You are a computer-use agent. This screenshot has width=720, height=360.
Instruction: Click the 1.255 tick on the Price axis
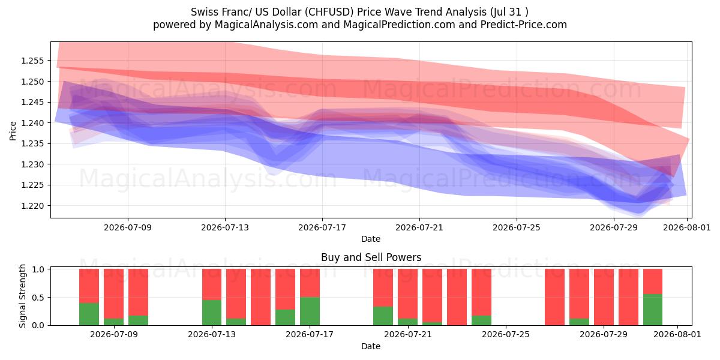(x=32, y=61)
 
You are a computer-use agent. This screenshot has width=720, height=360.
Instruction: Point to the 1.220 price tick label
(x=32, y=206)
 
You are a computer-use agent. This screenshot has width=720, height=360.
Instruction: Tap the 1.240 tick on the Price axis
(x=32, y=123)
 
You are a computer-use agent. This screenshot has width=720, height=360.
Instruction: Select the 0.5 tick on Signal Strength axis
(x=38, y=298)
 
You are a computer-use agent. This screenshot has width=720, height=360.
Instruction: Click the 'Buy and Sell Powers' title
(x=371, y=257)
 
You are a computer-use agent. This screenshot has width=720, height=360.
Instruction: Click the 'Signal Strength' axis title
(x=22, y=296)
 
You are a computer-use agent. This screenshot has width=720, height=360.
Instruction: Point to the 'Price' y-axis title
(x=13, y=131)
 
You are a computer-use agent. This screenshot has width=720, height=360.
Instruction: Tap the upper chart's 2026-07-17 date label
(x=322, y=227)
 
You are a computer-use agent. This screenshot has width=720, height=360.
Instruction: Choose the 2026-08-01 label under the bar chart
(x=677, y=334)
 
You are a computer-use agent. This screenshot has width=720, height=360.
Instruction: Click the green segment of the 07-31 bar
(x=653, y=310)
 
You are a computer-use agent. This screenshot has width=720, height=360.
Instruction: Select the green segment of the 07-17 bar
(x=310, y=311)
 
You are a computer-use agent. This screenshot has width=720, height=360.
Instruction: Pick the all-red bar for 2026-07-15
(x=260, y=297)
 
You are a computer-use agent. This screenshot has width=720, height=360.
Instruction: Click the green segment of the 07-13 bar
(x=212, y=313)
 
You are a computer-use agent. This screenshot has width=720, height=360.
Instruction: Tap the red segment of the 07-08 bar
(x=113, y=294)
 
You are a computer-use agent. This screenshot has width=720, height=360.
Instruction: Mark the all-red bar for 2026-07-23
(x=457, y=297)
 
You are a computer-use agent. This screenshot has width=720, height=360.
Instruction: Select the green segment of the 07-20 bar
(x=383, y=316)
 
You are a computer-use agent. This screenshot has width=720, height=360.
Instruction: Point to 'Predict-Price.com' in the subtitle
(x=524, y=25)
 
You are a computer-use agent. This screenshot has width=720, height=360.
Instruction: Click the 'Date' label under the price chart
(x=371, y=239)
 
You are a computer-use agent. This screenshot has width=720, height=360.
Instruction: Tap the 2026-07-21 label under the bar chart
(x=408, y=334)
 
